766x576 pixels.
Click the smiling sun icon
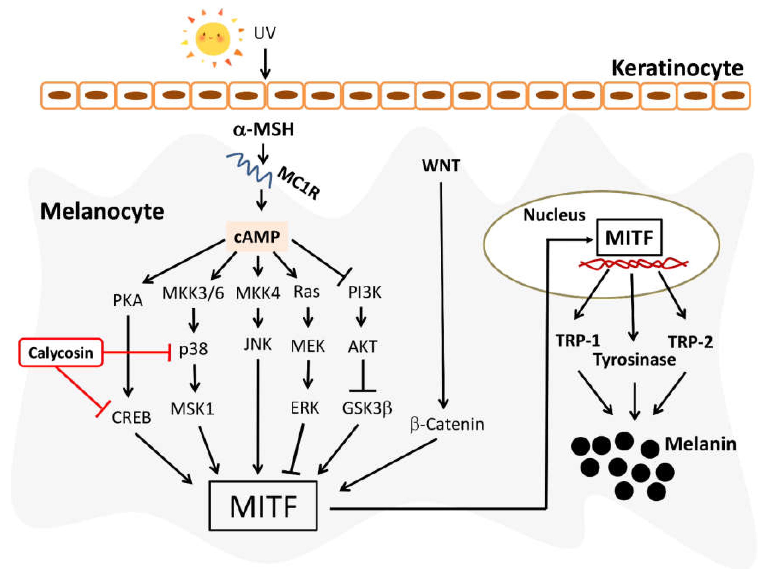(x=213, y=38)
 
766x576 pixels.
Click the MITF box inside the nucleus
(x=629, y=237)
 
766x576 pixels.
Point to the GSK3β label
(x=367, y=408)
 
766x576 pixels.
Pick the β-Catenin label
(x=447, y=424)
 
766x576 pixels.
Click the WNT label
(x=441, y=166)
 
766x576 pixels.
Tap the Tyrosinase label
(x=635, y=360)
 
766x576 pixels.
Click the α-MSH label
(x=264, y=130)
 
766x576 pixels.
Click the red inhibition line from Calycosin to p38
(x=136, y=352)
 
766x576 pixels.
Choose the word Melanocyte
(x=102, y=211)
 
